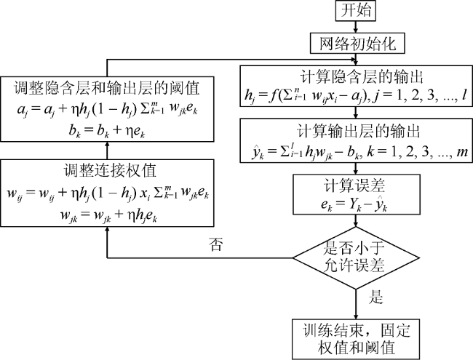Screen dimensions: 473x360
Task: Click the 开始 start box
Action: (x=356, y=11)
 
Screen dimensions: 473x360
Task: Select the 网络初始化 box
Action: (x=357, y=44)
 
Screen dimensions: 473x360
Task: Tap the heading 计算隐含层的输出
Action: (x=362, y=77)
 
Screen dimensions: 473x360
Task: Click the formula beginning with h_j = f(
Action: (x=356, y=95)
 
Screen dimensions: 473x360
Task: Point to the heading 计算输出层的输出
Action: (x=359, y=131)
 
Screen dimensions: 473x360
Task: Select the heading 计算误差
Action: (x=354, y=185)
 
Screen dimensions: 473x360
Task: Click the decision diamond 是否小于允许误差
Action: (x=356, y=258)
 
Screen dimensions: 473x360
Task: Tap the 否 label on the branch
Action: (x=216, y=244)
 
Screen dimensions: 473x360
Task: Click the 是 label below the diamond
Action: (x=375, y=297)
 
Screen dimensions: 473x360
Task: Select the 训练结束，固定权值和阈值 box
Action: (x=356, y=339)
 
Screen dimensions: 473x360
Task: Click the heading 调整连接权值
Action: (x=110, y=170)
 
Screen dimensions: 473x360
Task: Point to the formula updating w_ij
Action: (x=108, y=193)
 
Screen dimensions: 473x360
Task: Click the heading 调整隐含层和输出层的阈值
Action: (x=107, y=88)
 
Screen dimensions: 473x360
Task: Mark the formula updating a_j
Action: (x=107, y=109)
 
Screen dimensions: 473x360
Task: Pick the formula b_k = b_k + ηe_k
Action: (x=107, y=131)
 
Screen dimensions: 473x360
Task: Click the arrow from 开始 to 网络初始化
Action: (x=356, y=27)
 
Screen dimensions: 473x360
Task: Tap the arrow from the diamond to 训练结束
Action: (x=356, y=304)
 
